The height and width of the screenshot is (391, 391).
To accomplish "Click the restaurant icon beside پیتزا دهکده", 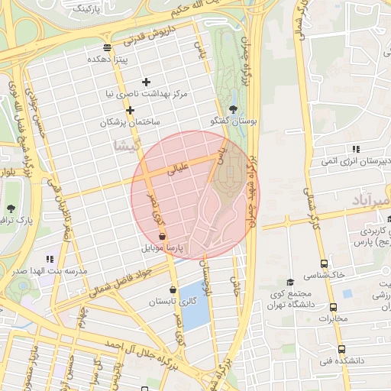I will coord(106,47).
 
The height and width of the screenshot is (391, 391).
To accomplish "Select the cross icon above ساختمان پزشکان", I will coord(131,111).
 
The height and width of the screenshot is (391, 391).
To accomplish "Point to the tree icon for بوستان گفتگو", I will coord(233,109).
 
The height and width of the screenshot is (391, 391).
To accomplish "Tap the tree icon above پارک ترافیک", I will coord(11,208).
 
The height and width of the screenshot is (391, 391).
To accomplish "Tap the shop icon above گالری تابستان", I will coord(173,289).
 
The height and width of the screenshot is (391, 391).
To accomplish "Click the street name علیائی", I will coord(176,170).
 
